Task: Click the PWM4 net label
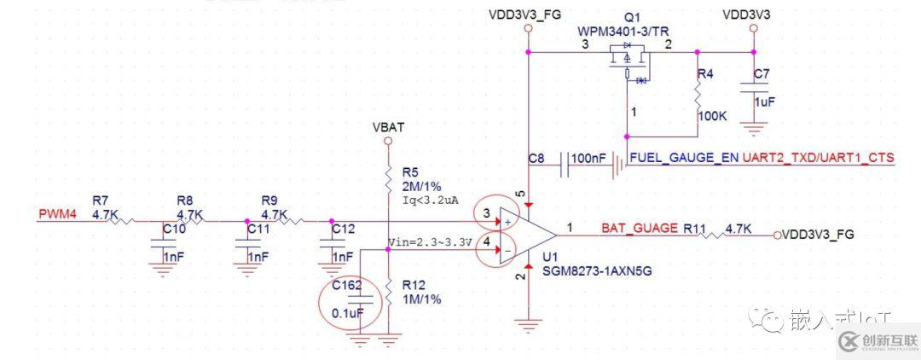tap(58, 214)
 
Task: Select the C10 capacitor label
tap(173, 229)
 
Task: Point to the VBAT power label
tap(388, 127)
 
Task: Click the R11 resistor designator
tap(695, 229)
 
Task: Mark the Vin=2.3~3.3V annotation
tap(430, 242)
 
